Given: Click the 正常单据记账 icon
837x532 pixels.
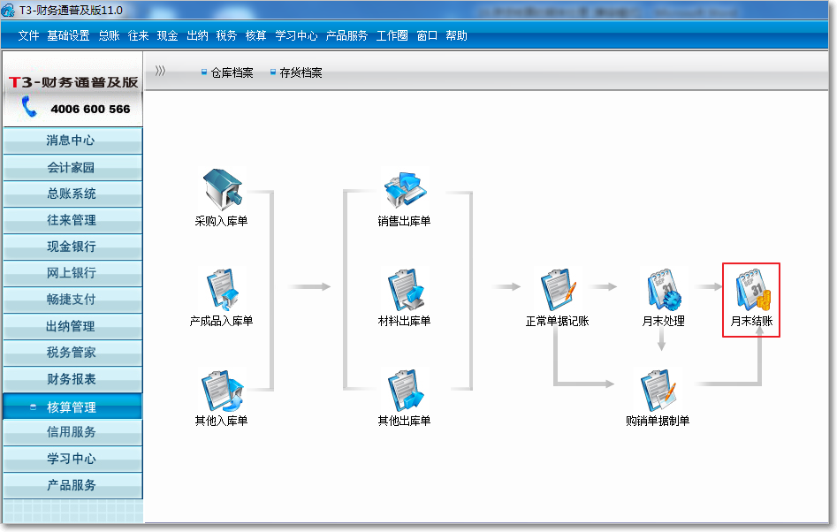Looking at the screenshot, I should (x=558, y=291).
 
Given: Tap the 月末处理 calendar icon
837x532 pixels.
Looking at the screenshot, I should (x=663, y=291).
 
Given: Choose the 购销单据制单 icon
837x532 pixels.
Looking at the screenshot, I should (x=658, y=391).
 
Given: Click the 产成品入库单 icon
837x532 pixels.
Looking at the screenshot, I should (x=222, y=291).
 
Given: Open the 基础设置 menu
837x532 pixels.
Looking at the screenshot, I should (x=68, y=36).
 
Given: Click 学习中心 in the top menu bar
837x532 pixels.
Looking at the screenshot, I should (x=296, y=36).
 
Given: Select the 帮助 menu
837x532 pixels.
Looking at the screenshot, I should (x=456, y=36).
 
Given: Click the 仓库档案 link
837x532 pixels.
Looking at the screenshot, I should (x=232, y=72).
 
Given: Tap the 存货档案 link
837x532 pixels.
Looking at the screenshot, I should (x=301, y=72).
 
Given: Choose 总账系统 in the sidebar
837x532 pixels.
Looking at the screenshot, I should (x=72, y=194).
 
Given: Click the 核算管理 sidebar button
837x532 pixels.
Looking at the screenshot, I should (x=72, y=407).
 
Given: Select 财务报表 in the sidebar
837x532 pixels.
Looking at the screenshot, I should (x=72, y=379).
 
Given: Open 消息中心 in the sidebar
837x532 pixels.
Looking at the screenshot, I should (x=72, y=141).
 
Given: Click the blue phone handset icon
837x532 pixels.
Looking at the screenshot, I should (x=29, y=108).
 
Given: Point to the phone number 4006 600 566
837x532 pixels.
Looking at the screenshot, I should (x=90, y=109).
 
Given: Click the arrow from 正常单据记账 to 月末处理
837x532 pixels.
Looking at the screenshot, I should (x=604, y=286).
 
